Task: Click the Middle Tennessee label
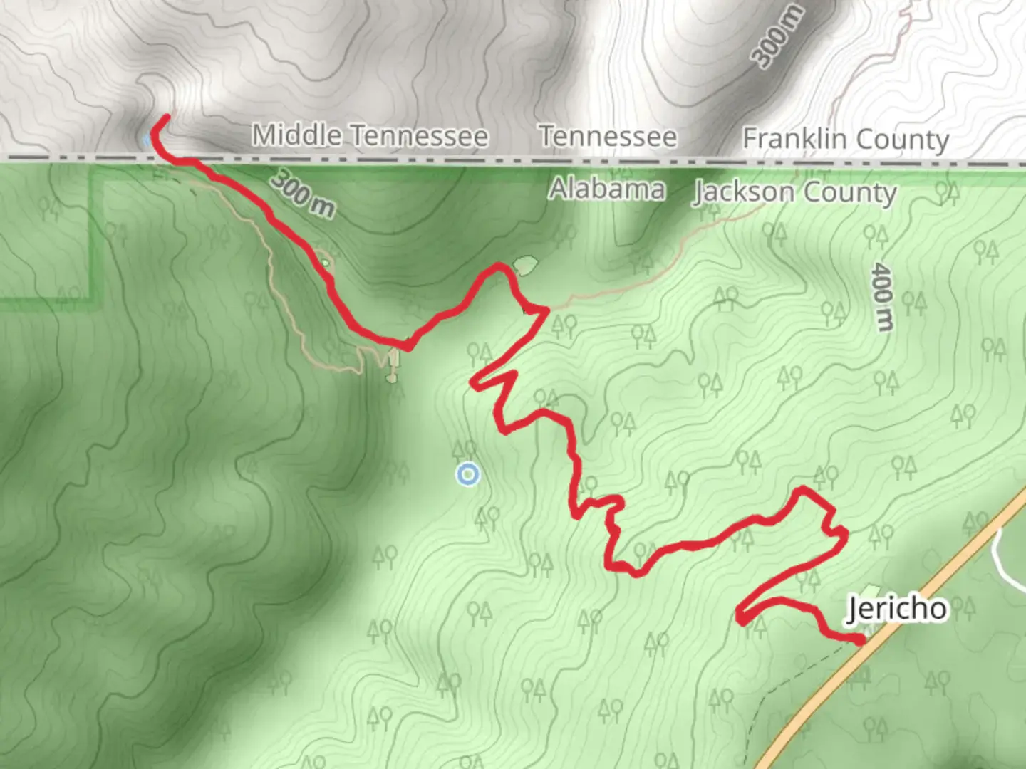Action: click(x=370, y=135)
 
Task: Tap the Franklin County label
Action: click(x=846, y=139)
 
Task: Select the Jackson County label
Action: click(x=794, y=192)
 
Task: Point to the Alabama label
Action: click(x=607, y=189)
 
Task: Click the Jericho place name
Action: click(x=897, y=609)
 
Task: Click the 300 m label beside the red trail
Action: click(x=302, y=194)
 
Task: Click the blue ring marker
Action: click(x=467, y=474)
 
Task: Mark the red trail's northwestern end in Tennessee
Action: click(x=167, y=117)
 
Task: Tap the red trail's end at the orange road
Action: click(x=861, y=641)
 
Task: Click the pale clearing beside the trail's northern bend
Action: click(x=526, y=266)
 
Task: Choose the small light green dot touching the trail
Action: click(x=325, y=263)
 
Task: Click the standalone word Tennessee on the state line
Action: click(x=607, y=136)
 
